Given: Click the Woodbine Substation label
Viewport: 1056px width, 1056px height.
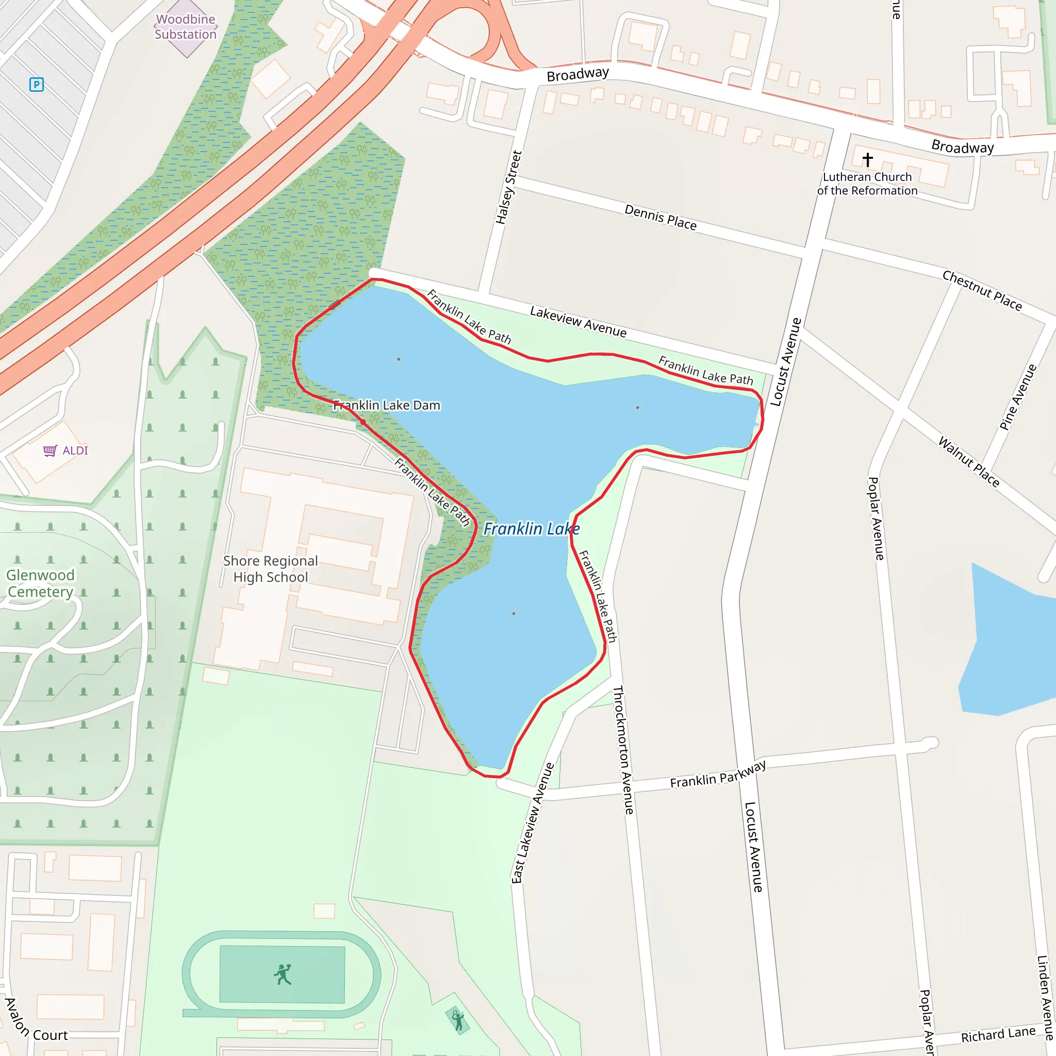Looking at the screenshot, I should pyautogui.click(x=185, y=27).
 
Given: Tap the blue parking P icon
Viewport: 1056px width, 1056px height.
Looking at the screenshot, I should pyautogui.click(x=37, y=85).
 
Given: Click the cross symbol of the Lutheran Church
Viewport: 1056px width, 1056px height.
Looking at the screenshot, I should pyautogui.click(x=867, y=160).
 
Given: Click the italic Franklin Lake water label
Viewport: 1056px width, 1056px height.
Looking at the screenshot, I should pyautogui.click(x=531, y=529).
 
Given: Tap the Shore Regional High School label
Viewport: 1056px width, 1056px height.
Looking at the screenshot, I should pyautogui.click(x=271, y=569).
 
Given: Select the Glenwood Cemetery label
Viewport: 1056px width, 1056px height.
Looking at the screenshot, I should pyautogui.click(x=40, y=583).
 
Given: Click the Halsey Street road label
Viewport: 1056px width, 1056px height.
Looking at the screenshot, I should pyautogui.click(x=508, y=188).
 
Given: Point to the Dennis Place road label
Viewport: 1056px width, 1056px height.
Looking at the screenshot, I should pyautogui.click(x=661, y=218).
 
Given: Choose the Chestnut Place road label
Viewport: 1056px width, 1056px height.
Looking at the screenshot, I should pyautogui.click(x=982, y=291).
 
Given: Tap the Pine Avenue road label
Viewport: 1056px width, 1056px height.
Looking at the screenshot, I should pyautogui.click(x=1018, y=398).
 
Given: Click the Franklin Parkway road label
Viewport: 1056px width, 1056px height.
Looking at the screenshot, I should pyautogui.click(x=718, y=774).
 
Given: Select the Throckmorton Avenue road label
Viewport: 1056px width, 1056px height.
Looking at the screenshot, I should pyautogui.click(x=622, y=750).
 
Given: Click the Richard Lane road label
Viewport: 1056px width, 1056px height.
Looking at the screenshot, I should pyautogui.click(x=998, y=1035).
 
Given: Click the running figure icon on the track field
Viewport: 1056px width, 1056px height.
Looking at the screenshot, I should pyautogui.click(x=283, y=975).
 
